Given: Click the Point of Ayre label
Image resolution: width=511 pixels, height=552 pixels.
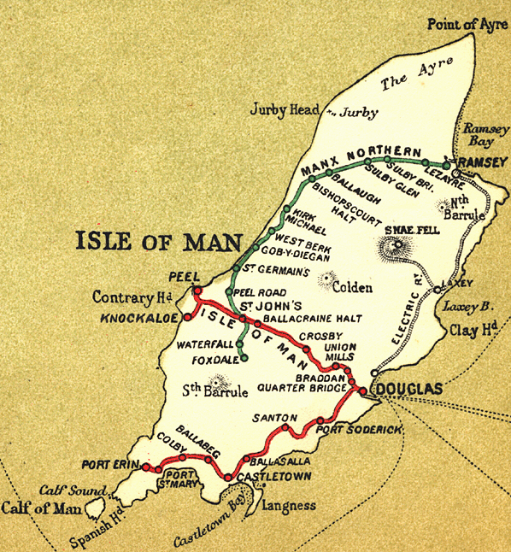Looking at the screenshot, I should coord(467,25).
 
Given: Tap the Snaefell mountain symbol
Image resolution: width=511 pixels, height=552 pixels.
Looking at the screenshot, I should coord(396,249).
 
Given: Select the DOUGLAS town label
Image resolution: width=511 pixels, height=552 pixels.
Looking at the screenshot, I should coord(409,390).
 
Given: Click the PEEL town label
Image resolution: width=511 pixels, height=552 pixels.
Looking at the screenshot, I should coord(185,278).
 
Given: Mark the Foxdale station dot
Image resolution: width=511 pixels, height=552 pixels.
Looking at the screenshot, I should coord(244,359).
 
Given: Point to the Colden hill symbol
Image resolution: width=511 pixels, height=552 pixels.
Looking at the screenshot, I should coord(326,278).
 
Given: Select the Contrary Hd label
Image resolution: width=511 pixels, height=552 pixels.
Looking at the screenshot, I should coord(133,297).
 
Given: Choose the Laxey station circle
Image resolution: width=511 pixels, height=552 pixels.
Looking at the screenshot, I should coord(438,291).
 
